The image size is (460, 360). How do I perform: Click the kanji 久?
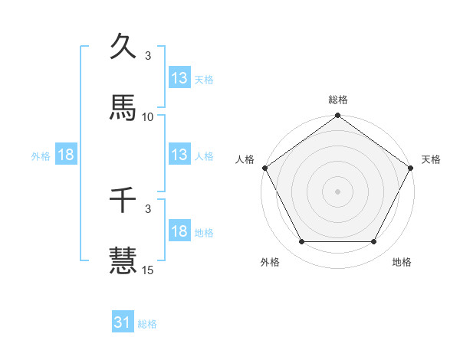pos(123,48)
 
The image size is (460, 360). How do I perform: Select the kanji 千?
pos(123,201)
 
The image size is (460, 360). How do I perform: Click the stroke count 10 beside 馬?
pos(148,116)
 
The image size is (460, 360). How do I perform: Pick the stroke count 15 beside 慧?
pos(148,270)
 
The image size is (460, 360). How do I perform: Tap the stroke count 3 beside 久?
pos(148,56)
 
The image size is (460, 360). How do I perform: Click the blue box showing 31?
pos(122,323)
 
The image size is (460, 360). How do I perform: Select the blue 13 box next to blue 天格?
pos(179,78)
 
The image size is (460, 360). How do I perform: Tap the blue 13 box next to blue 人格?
pos(179,155)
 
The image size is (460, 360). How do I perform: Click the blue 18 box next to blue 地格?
pos(179,232)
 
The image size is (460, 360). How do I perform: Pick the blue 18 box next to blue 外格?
pos(66,155)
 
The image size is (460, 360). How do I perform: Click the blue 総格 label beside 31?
pos(147,324)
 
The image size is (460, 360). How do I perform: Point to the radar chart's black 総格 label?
pos(338,100)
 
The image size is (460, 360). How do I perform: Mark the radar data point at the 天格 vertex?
pos(412,167)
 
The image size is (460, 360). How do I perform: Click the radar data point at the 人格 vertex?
pos(264,167)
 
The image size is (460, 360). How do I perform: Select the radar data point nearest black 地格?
pos(374,242)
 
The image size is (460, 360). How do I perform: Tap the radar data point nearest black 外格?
pos(301,242)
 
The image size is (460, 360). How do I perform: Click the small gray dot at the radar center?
pos(338,191)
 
